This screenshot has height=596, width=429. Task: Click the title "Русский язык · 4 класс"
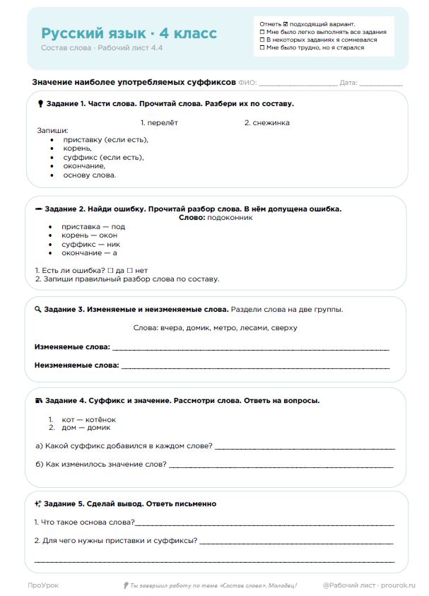[129, 34]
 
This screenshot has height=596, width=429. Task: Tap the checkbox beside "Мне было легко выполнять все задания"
[263, 32]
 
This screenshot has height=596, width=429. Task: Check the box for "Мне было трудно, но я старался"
[263, 48]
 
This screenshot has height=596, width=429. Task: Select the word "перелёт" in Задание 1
[162, 122]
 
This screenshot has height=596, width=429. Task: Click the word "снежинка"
[270, 122]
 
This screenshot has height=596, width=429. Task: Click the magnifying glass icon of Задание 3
[38, 310]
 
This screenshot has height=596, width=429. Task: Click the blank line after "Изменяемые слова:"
[250, 349]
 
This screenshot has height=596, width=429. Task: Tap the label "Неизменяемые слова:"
[76, 366]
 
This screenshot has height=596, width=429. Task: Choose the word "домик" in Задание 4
[98, 428]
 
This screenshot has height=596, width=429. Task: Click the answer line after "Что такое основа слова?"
[264, 524]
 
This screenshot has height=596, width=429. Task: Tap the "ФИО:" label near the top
[248, 83]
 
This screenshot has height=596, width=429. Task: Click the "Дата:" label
[348, 83]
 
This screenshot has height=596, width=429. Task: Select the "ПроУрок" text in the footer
[43, 585]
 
